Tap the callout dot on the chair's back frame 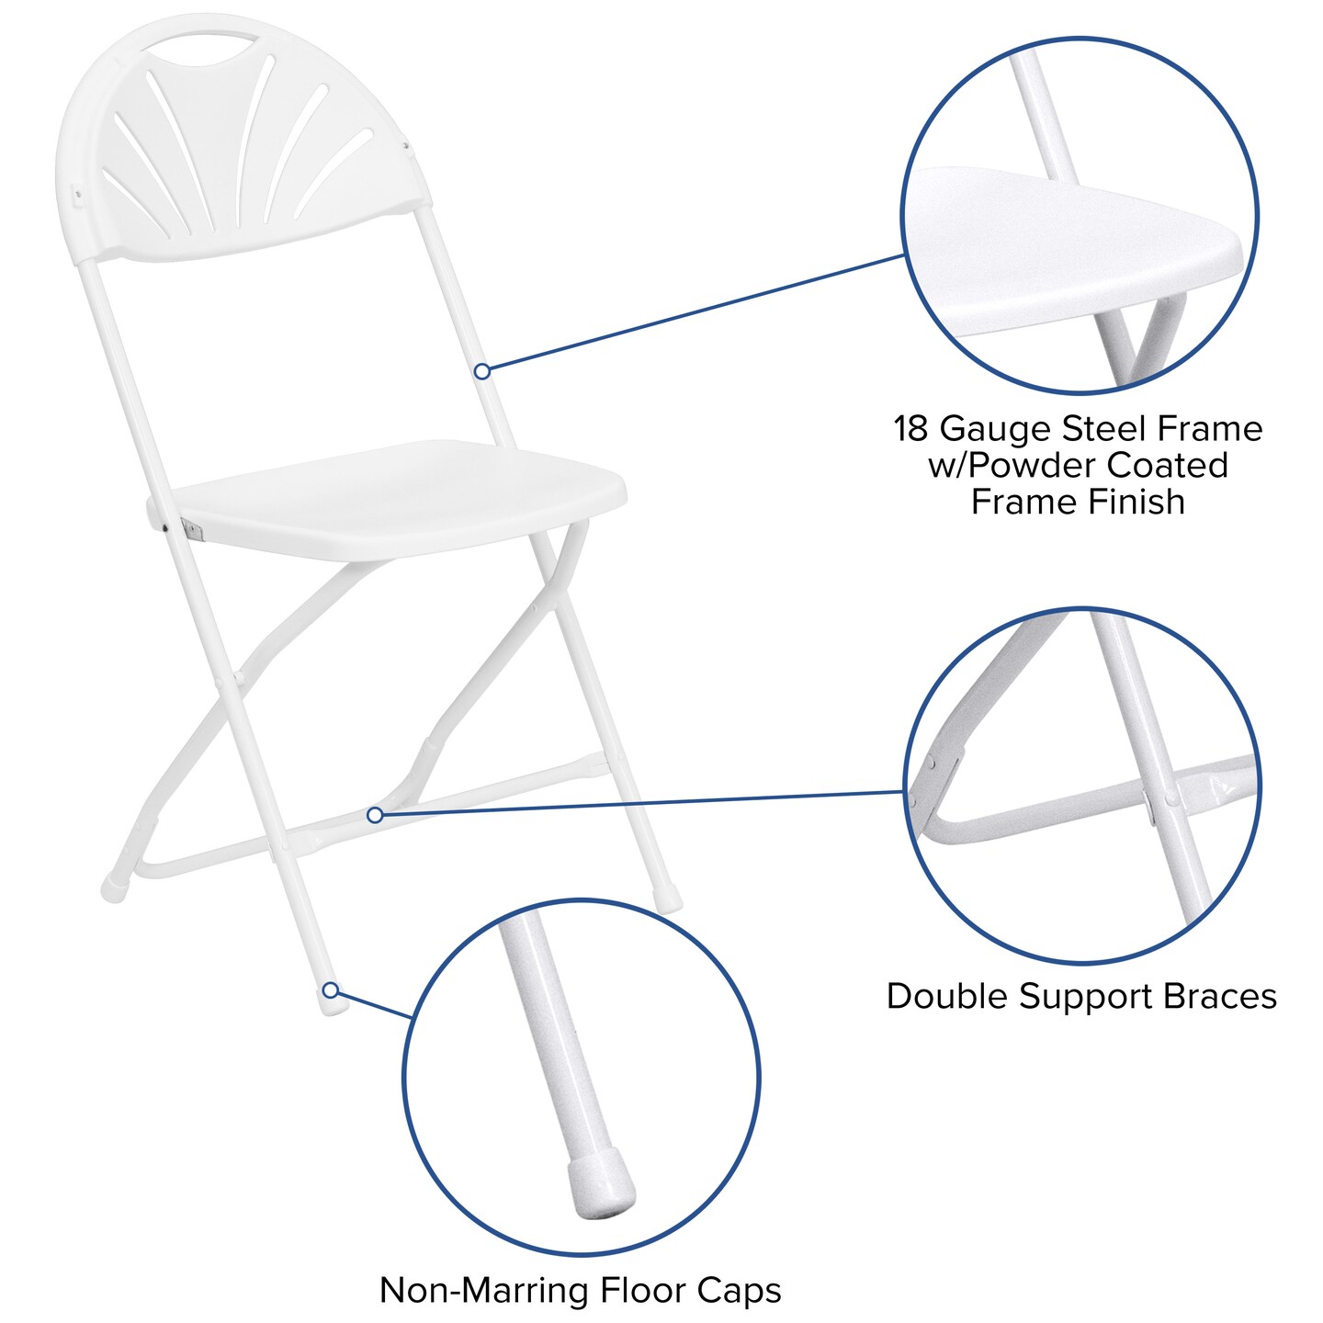(x=481, y=371)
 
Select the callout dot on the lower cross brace (x=375, y=815)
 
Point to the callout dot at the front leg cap (x=331, y=990)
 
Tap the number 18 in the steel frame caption (x=912, y=429)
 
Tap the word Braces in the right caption (x=1218, y=997)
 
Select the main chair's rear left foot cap (x=113, y=889)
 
